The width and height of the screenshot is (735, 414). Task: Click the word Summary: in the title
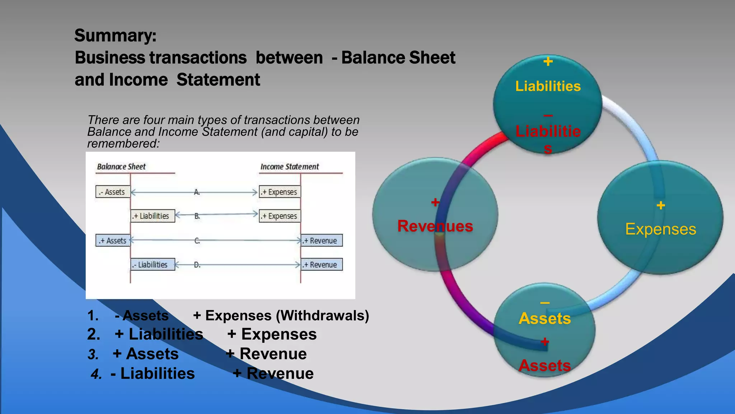pyautogui.click(x=115, y=36)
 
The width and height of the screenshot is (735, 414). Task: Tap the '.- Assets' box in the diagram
pyautogui.click(x=113, y=192)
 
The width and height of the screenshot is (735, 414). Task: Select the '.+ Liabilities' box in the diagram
pyautogui.click(x=153, y=216)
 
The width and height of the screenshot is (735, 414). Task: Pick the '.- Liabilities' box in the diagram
pyautogui.click(x=153, y=264)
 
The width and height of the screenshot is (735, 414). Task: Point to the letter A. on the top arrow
pyautogui.click(x=197, y=192)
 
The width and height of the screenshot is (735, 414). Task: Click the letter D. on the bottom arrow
pyautogui.click(x=197, y=265)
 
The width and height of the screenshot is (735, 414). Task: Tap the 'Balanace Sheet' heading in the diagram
pyautogui.click(x=121, y=167)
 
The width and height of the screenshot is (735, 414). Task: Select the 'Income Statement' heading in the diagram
pyautogui.click(x=289, y=167)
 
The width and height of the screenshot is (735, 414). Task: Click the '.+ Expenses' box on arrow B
pyautogui.click(x=280, y=216)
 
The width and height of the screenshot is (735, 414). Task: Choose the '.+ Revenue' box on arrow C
pyautogui.click(x=322, y=240)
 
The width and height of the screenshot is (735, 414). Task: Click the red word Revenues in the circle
pyautogui.click(x=435, y=226)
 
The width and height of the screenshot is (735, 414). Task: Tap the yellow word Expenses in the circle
pyautogui.click(x=660, y=229)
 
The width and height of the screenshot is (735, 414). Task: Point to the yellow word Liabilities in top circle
pyautogui.click(x=548, y=86)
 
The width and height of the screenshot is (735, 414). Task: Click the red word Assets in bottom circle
pyautogui.click(x=544, y=365)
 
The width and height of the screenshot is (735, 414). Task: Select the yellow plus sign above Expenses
pyautogui.click(x=661, y=206)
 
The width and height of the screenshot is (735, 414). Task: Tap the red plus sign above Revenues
pyautogui.click(x=435, y=202)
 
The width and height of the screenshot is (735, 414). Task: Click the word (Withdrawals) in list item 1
pyautogui.click(x=322, y=316)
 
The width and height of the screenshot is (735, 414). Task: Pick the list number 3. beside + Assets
pyautogui.click(x=93, y=355)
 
